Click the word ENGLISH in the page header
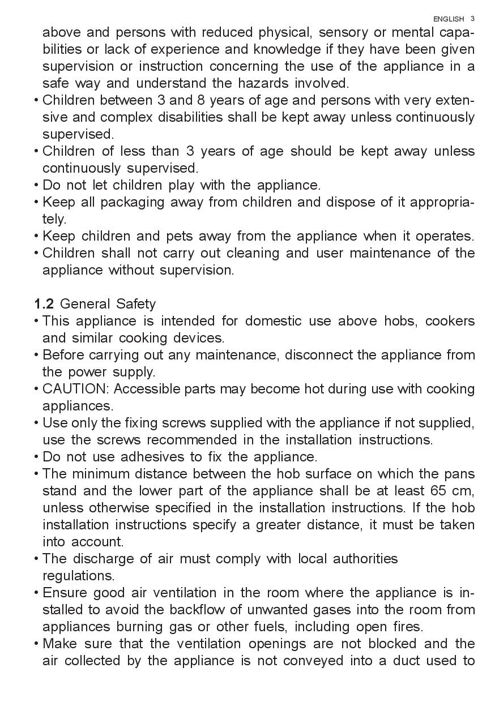pos(449,19)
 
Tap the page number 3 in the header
pos(472,19)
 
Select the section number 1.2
pos(44,304)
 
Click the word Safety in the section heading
pos(136,304)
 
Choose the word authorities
pos(365,559)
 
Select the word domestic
pos(273,321)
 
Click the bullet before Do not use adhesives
pos(37,457)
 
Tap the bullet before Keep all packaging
pos(37,202)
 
